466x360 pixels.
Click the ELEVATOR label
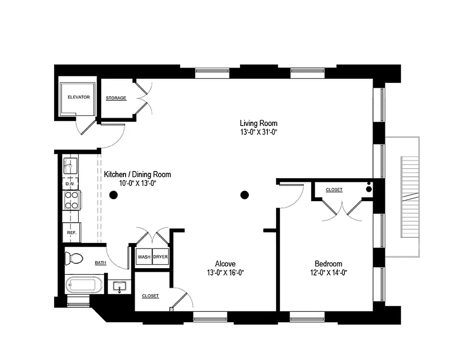78,97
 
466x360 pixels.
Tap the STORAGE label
116,98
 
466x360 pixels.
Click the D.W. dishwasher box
70,184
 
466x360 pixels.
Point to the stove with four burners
71,200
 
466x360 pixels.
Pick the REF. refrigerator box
71,233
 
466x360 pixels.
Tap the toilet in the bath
74,258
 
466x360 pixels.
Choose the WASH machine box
144,257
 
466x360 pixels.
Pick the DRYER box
160,257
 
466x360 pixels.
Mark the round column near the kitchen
114,195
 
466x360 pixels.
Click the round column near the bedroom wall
244,195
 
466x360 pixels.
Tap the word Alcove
225,264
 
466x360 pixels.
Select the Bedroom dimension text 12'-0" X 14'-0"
328,272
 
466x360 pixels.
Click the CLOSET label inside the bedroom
334,190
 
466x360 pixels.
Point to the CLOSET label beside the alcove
150,296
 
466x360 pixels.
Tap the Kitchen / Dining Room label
137,174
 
